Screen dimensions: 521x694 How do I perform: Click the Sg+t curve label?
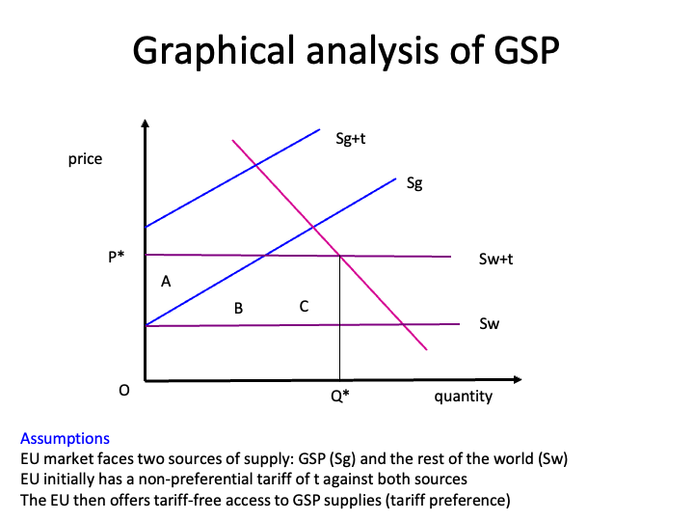click(351, 140)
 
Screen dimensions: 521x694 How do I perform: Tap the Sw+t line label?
click(494, 260)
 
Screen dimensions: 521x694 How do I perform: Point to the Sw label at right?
click(489, 324)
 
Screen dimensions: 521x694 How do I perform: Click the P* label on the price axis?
click(116, 258)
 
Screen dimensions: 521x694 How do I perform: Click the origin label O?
click(123, 391)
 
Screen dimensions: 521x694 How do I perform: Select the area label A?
click(166, 282)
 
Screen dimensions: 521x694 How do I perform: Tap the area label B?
click(238, 309)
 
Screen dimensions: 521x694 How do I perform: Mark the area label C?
click(304, 307)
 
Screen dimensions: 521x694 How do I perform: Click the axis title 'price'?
click(85, 159)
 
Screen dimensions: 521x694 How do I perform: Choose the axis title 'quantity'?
click(463, 396)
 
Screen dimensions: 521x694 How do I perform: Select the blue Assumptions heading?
click(65, 438)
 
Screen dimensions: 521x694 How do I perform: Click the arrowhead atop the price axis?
click(145, 123)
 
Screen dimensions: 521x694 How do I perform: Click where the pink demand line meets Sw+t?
click(339, 256)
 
